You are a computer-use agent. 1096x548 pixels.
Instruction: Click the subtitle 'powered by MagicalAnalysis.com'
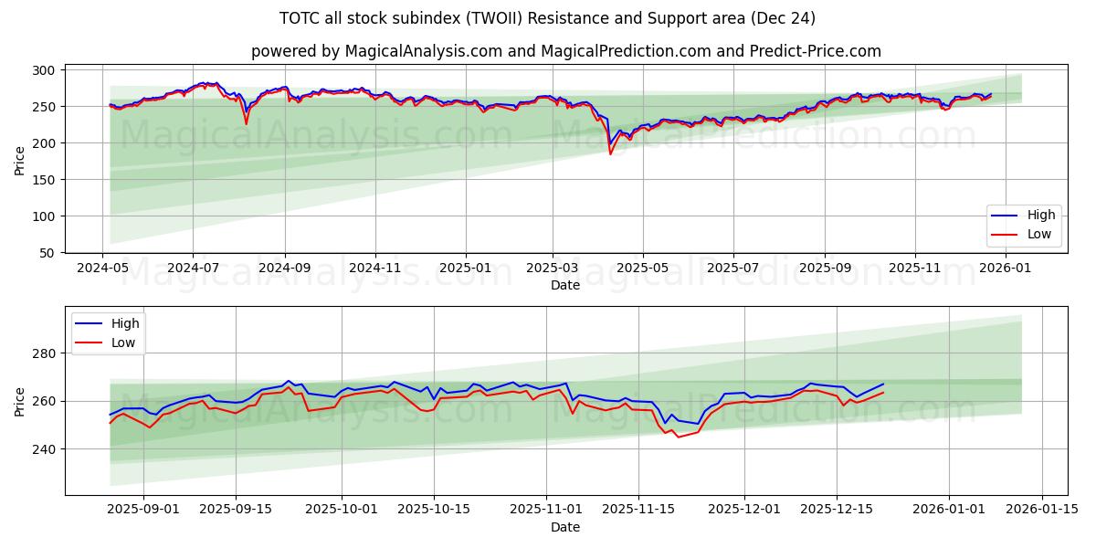coord(565,51)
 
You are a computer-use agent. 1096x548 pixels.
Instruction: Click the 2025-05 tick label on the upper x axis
coord(643,269)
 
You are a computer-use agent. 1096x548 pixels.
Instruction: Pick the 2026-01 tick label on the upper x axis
coord(1006,269)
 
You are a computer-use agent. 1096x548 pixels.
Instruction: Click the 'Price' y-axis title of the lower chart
coord(20,401)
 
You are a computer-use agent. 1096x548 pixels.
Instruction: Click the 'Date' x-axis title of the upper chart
coord(565,285)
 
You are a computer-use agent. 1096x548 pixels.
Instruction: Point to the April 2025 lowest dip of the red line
coord(611,153)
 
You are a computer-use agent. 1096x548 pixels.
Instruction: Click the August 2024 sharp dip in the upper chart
coord(246,123)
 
